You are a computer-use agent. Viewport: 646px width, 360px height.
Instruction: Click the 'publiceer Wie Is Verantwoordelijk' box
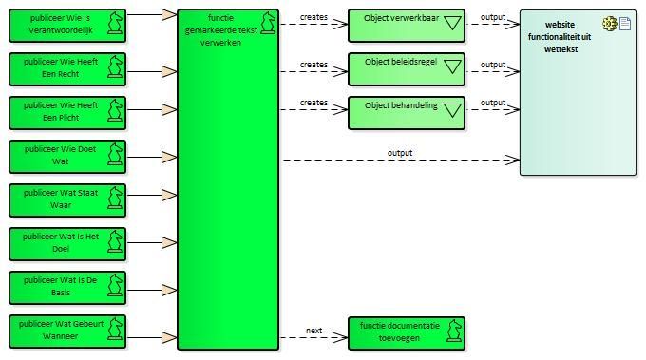pyautogui.click(x=67, y=26)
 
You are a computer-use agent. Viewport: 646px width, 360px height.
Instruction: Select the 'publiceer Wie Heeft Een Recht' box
pyautogui.click(x=67, y=69)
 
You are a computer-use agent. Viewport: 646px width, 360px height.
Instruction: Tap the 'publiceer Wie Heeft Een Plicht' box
pyautogui.click(x=67, y=113)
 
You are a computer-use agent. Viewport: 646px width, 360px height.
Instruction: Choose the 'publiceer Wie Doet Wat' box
pyautogui.click(x=67, y=157)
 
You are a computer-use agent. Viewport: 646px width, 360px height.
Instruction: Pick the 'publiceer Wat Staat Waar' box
pyautogui.click(x=67, y=200)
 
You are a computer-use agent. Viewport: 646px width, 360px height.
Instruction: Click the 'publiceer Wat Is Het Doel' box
pyautogui.click(x=67, y=244)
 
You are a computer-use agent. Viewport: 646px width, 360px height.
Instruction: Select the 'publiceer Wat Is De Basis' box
pyautogui.click(x=67, y=288)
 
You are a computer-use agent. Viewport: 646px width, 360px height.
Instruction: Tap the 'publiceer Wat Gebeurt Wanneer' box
pyautogui.click(x=67, y=332)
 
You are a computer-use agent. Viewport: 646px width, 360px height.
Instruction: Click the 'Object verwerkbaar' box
pyautogui.click(x=407, y=26)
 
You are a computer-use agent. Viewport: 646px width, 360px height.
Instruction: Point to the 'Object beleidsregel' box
pyautogui.click(x=407, y=69)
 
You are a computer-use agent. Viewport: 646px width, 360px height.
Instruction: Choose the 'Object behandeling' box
pyautogui.click(x=407, y=113)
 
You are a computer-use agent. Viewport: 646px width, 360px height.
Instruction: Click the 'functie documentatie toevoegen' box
pyautogui.click(x=407, y=333)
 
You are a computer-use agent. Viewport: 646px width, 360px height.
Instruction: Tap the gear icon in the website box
pyautogui.click(x=610, y=24)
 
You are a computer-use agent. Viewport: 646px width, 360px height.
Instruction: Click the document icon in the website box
pyautogui.click(x=625, y=24)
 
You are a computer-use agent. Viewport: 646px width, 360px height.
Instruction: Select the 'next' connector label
pyautogui.click(x=313, y=331)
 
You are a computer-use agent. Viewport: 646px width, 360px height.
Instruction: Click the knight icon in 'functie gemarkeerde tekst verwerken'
pyautogui.click(x=268, y=23)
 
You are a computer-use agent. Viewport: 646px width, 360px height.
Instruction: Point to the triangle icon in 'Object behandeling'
pyautogui.click(x=452, y=110)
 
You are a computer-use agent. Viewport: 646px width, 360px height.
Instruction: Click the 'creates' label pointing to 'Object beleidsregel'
pyautogui.click(x=313, y=65)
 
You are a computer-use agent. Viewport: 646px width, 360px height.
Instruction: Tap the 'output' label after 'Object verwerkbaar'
pyautogui.click(x=493, y=17)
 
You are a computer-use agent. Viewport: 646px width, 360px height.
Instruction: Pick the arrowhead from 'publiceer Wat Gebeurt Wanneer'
pyautogui.click(x=169, y=338)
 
